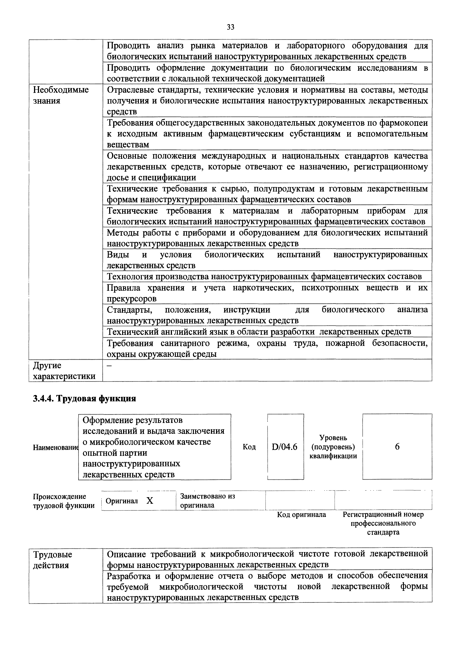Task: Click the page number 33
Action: (230, 27)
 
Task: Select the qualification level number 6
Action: (397, 447)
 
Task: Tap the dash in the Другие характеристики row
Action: (109, 365)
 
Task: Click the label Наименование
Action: (55, 447)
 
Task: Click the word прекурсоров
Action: (132, 299)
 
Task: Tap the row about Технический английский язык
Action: (259, 332)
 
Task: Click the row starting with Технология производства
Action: (264, 276)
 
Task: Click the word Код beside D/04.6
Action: (249, 447)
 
